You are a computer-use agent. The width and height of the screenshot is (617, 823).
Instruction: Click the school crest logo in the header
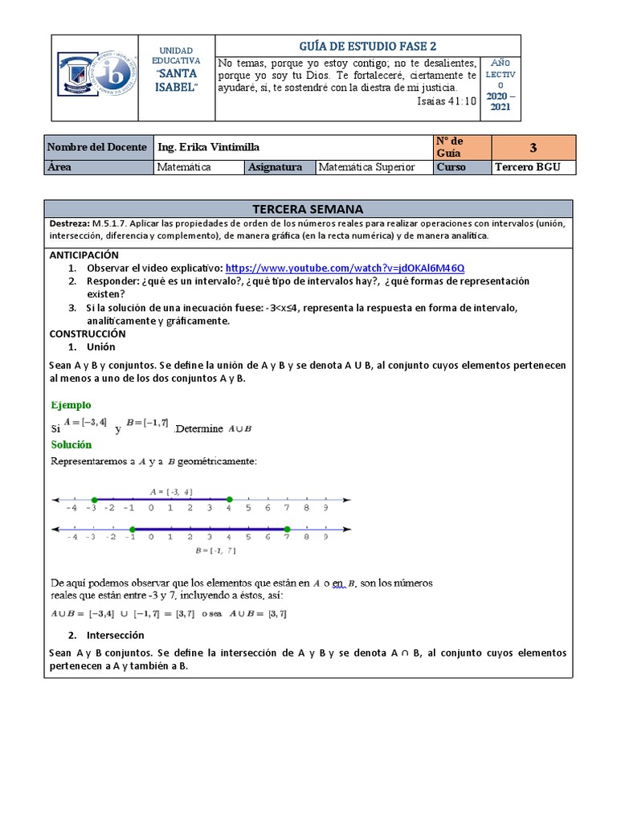click(95, 77)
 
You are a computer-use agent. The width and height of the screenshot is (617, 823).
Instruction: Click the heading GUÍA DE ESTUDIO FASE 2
click(368, 46)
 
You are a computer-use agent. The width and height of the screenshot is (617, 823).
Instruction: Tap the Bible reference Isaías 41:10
click(447, 101)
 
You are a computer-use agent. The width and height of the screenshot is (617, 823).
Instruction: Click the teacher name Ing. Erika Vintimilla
click(209, 147)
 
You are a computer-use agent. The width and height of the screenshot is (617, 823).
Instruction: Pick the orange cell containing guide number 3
click(533, 147)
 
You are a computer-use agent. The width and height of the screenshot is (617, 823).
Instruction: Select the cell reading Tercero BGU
click(533, 167)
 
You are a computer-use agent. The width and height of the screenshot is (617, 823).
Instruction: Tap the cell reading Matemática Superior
click(367, 167)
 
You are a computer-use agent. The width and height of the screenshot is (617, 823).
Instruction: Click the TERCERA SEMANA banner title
click(308, 208)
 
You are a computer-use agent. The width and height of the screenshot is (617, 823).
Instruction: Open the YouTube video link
click(345, 268)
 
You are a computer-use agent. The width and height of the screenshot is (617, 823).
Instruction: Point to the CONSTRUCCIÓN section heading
click(88, 333)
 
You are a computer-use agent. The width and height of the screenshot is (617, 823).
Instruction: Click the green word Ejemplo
click(71, 405)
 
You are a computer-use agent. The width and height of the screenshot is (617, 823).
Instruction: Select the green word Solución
click(72, 444)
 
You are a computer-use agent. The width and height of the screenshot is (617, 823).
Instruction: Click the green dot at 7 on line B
click(287, 528)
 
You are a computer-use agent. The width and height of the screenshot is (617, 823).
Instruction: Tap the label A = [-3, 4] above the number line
click(170, 491)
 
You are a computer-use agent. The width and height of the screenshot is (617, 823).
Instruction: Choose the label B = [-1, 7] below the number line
click(215, 551)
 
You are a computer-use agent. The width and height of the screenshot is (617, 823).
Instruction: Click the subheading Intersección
click(116, 635)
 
